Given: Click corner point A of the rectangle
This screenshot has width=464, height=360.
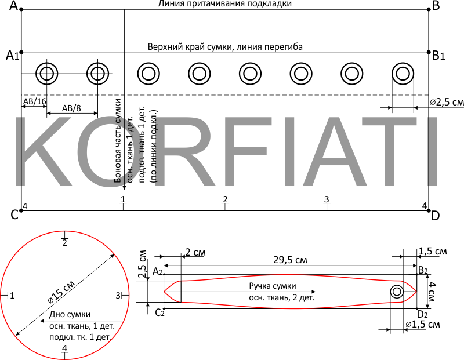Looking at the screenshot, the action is point(21,9).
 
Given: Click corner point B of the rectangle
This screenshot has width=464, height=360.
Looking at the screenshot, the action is point(429,9).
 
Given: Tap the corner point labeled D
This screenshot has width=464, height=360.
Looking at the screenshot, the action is point(429,210).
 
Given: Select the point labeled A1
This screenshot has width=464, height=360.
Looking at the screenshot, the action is point(21,52).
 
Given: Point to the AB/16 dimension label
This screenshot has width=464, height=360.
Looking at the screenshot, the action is point(35,101).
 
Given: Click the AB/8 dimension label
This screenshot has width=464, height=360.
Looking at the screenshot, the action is point(71,108).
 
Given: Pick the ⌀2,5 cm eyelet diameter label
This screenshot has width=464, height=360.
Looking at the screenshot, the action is point(447,102).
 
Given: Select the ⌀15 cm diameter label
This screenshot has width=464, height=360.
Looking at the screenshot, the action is point(61,292).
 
